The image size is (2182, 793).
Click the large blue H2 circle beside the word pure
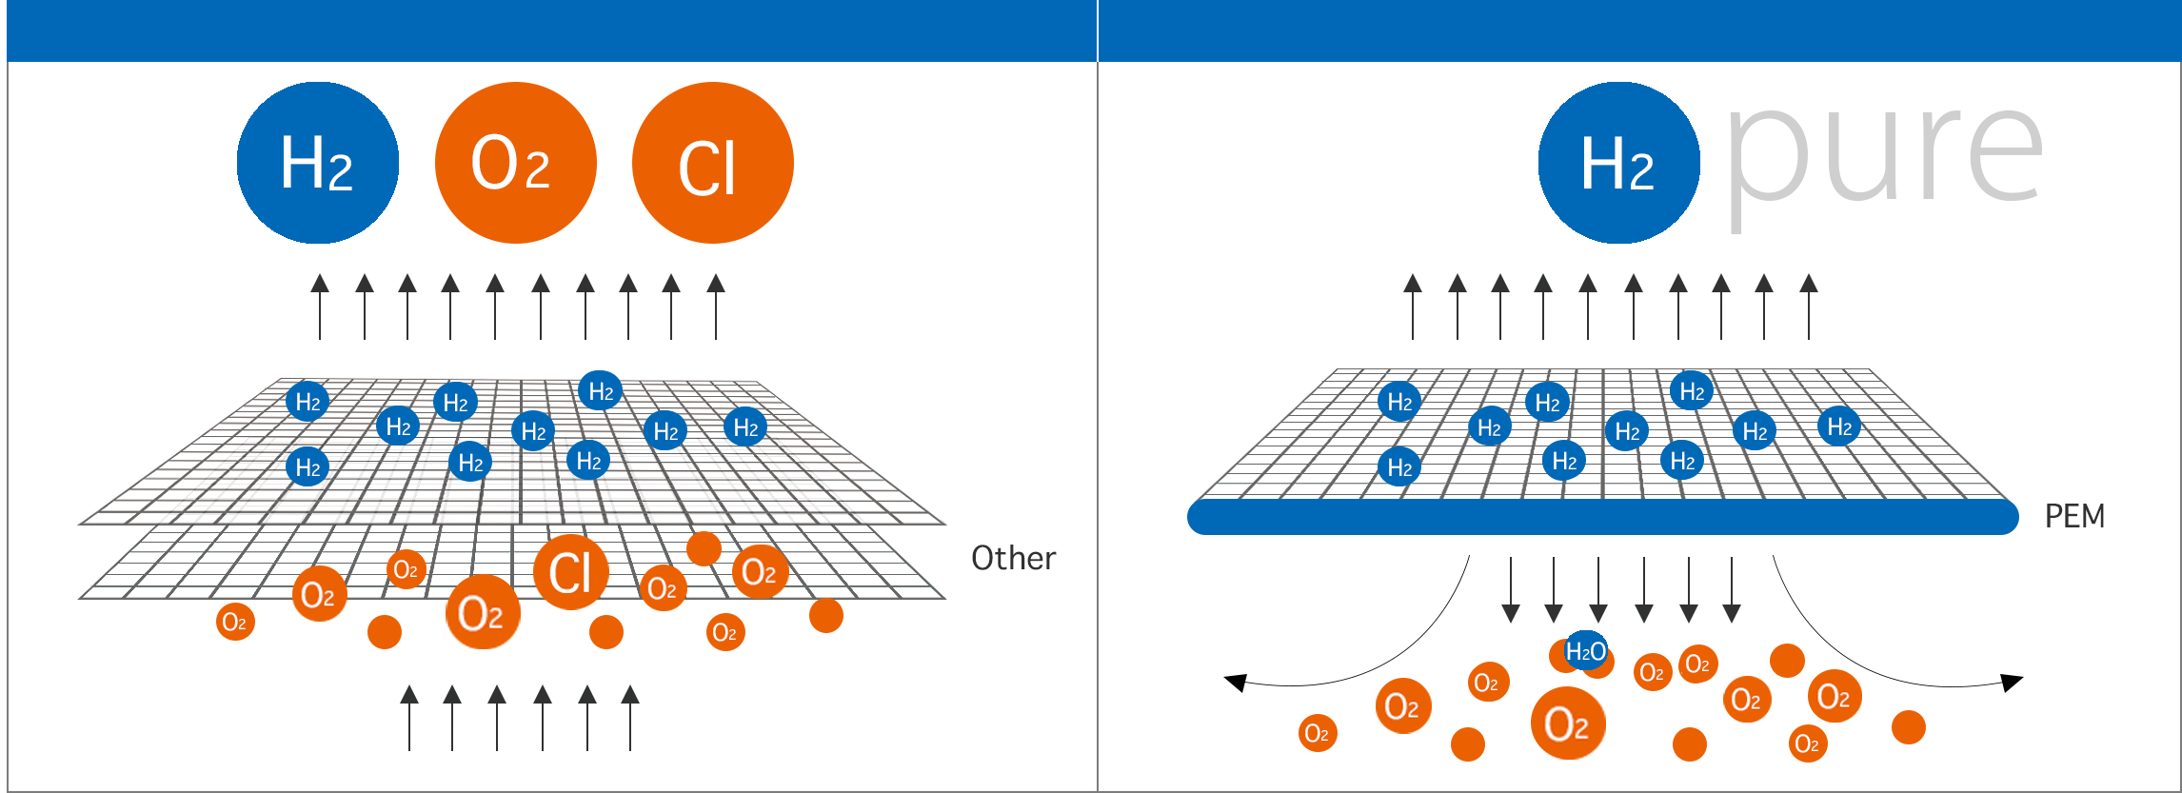coord(1618,163)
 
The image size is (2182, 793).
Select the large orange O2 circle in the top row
coord(515,163)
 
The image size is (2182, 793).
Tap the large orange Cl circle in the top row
coord(712,163)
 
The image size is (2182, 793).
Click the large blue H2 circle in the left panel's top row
coord(318,163)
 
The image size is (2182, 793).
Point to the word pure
coord(1883,157)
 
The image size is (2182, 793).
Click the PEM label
coord(2074,517)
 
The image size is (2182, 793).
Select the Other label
coord(1013,558)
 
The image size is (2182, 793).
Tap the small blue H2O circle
coord(1586,651)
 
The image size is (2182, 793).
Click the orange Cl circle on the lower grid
coord(570,572)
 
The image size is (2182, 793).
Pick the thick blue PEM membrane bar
coord(1602,517)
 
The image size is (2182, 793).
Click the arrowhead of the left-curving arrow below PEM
coord(1236,682)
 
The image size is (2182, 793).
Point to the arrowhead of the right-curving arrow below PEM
coord(2012,682)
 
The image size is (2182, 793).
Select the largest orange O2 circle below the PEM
coord(1567,724)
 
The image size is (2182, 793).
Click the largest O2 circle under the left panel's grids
coord(483,612)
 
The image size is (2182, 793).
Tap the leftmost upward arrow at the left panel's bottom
coord(409,717)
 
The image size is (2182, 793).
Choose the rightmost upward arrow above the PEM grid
coord(1809,307)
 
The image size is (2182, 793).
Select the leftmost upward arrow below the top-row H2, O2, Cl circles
coord(320,307)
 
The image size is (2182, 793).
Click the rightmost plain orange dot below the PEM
coord(1908,727)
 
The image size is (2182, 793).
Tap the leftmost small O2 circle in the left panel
coord(235,623)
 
